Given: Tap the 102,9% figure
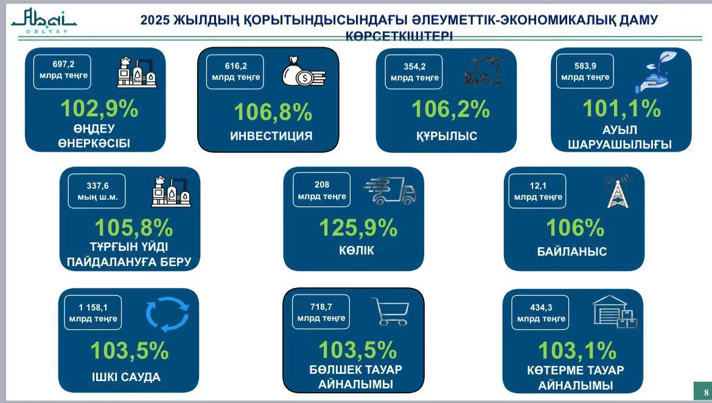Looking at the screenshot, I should [x=99, y=108].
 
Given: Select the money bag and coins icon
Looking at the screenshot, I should [x=304, y=71].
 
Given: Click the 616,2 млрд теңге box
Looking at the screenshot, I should [x=236, y=72].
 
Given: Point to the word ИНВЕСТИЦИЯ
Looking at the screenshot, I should [x=271, y=136].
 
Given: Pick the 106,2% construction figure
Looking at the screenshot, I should [x=450, y=109].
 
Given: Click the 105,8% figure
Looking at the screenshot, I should [x=134, y=228].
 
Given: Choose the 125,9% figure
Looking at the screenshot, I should [x=358, y=228].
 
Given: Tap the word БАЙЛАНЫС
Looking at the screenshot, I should [x=572, y=251].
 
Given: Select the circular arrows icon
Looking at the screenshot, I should [x=167, y=314].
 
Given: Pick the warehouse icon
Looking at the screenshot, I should [x=614, y=312].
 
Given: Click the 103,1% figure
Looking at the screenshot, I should [x=577, y=351].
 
